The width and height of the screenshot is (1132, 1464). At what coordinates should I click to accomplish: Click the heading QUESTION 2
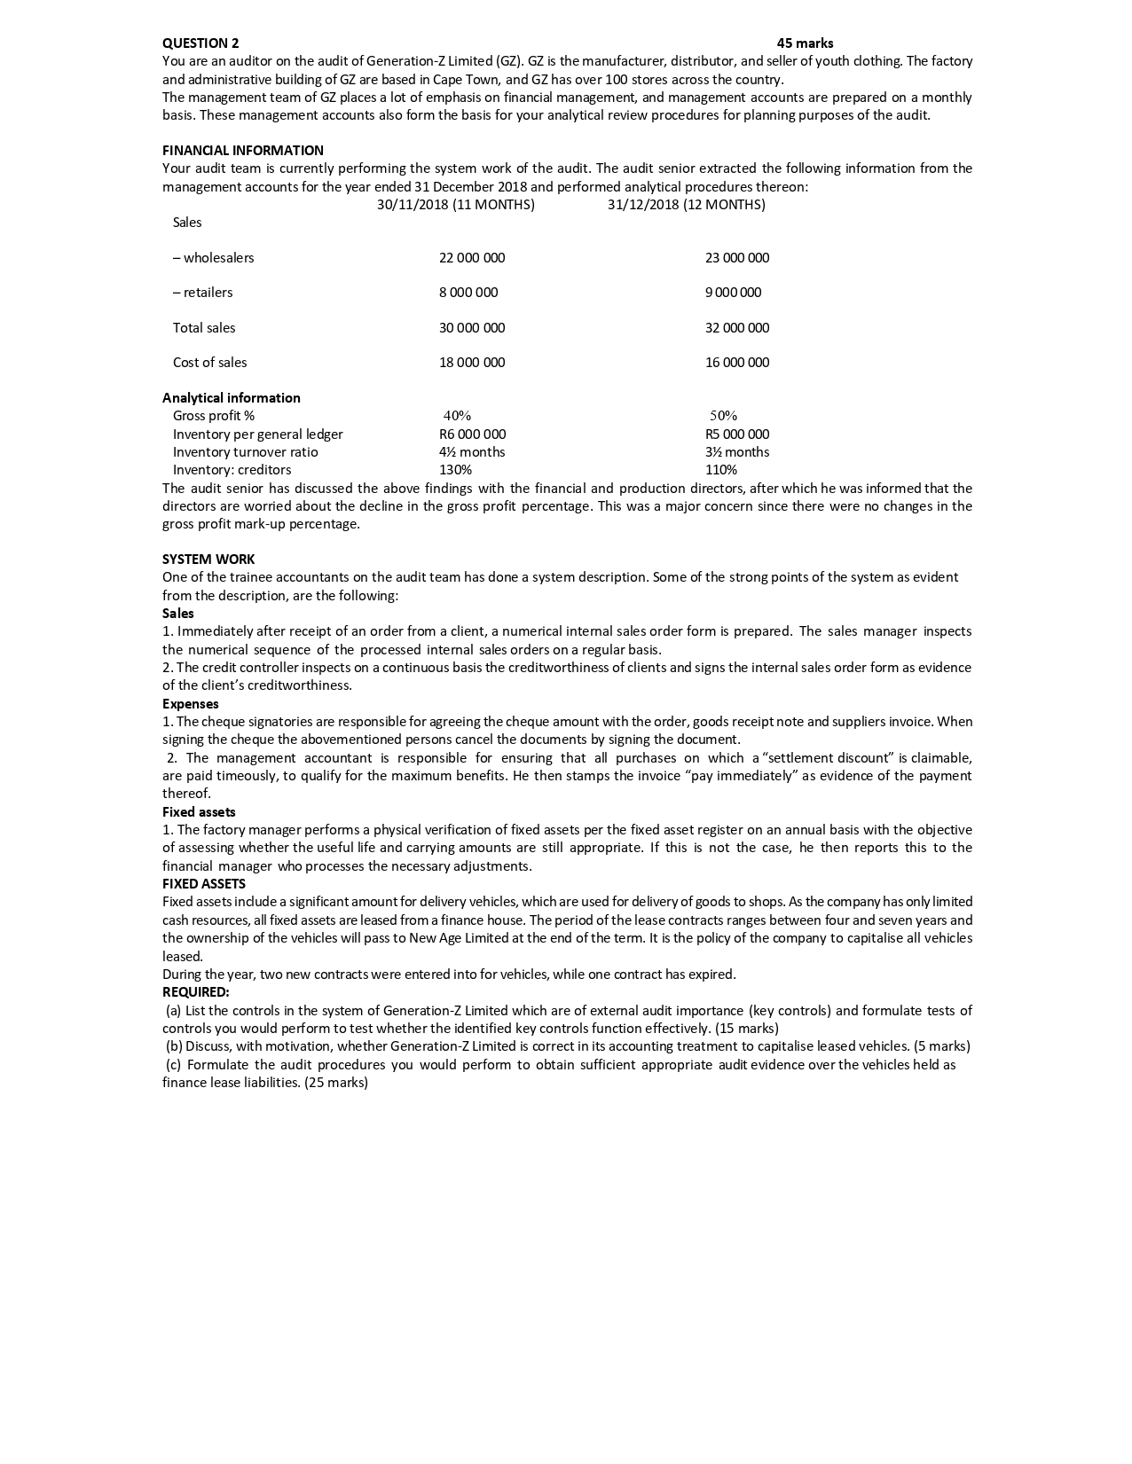click(200, 43)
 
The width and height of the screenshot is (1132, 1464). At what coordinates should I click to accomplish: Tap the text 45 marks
click(805, 43)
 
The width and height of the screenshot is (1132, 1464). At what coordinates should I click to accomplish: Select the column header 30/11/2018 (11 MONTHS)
click(456, 205)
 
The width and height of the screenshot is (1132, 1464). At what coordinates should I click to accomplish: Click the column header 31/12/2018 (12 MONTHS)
click(686, 205)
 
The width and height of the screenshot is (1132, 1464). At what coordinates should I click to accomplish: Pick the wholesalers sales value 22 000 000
click(472, 258)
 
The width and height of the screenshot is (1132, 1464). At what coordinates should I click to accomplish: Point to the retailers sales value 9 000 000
click(733, 293)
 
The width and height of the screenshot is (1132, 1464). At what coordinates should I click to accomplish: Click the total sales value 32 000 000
click(737, 328)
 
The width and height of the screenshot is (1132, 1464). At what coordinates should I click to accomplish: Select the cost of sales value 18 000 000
click(472, 363)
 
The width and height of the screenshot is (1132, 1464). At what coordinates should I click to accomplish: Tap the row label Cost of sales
click(210, 363)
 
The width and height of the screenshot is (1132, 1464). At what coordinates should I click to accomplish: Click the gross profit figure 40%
click(457, 416)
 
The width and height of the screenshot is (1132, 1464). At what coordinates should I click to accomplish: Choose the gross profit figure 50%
click(723, 416)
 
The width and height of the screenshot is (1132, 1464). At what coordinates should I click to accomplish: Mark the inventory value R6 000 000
click(472, 435)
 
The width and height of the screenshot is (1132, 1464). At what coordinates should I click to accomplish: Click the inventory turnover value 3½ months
click(737, 452)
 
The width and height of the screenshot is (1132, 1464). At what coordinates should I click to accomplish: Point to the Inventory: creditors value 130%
click(456, 470)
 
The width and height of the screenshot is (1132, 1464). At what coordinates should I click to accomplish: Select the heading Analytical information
click(232, 398)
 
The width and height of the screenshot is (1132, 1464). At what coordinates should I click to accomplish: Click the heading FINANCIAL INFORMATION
click(243, 151)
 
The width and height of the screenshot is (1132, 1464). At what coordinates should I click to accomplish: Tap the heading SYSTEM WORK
click(208, 560)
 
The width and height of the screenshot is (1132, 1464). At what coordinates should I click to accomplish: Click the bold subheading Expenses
click(191, 704)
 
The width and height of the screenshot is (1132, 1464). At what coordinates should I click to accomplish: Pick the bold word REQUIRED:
click(196, 992)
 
